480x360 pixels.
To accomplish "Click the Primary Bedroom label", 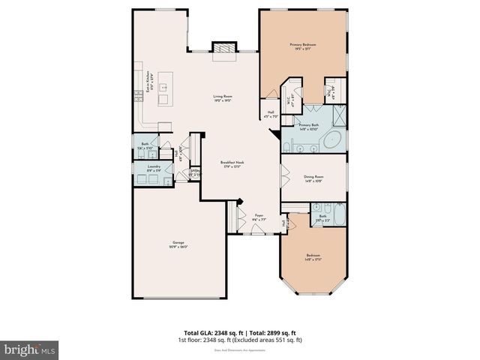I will [304, 46].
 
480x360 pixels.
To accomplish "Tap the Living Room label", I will [221, 97].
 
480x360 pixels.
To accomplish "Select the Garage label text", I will [178, 243].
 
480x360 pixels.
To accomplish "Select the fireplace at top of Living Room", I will [223, 49].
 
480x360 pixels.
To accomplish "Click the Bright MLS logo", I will [30, 349].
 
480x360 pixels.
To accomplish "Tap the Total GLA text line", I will [239, 332].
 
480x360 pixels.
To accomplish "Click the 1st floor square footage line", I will [239, 340].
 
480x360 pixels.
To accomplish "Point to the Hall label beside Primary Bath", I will [270, 113].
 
